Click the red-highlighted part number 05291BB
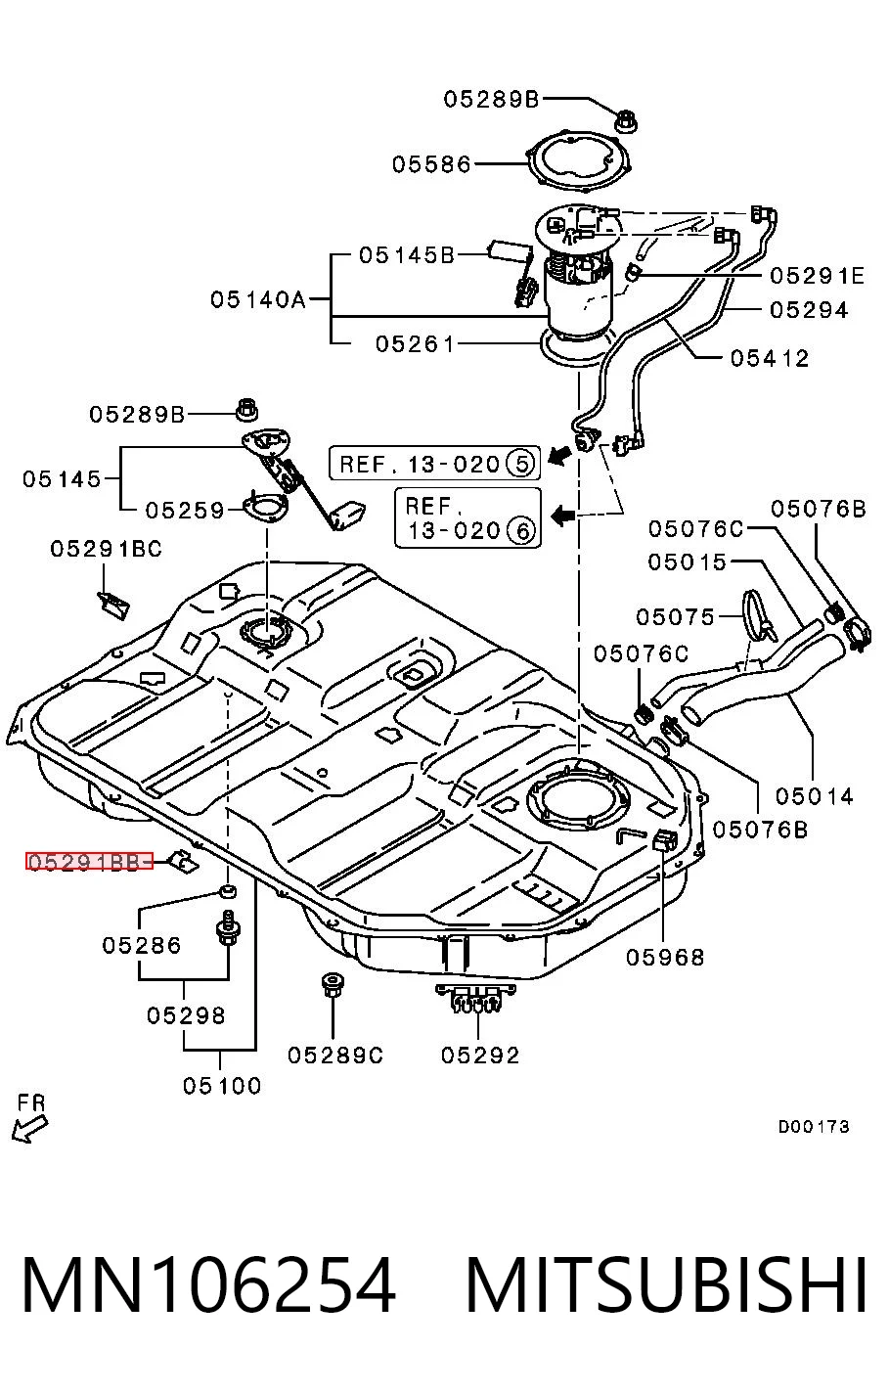[x=89, y=861]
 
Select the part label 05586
[x=431, y=164]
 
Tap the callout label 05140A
[x=258, y=299]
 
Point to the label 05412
[x=770, y=358]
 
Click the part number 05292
[x=480, y=1055]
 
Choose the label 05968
[x=665, y=957]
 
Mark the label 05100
[x=222, y=1086]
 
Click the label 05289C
[x=335, y=1055]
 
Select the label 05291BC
[x=106, y=549]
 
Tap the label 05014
[x=815, y=796]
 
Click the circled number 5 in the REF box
[x=521, y=464]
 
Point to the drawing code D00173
[x=814, y=1126]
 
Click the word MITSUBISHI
[x=666, y=1285]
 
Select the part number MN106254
[x=209, y=1285]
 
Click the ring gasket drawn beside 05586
[x=578, y=162]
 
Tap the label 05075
[x=675, y=617]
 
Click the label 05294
[x=809, y=310]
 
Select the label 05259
[x=185, y=510]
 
